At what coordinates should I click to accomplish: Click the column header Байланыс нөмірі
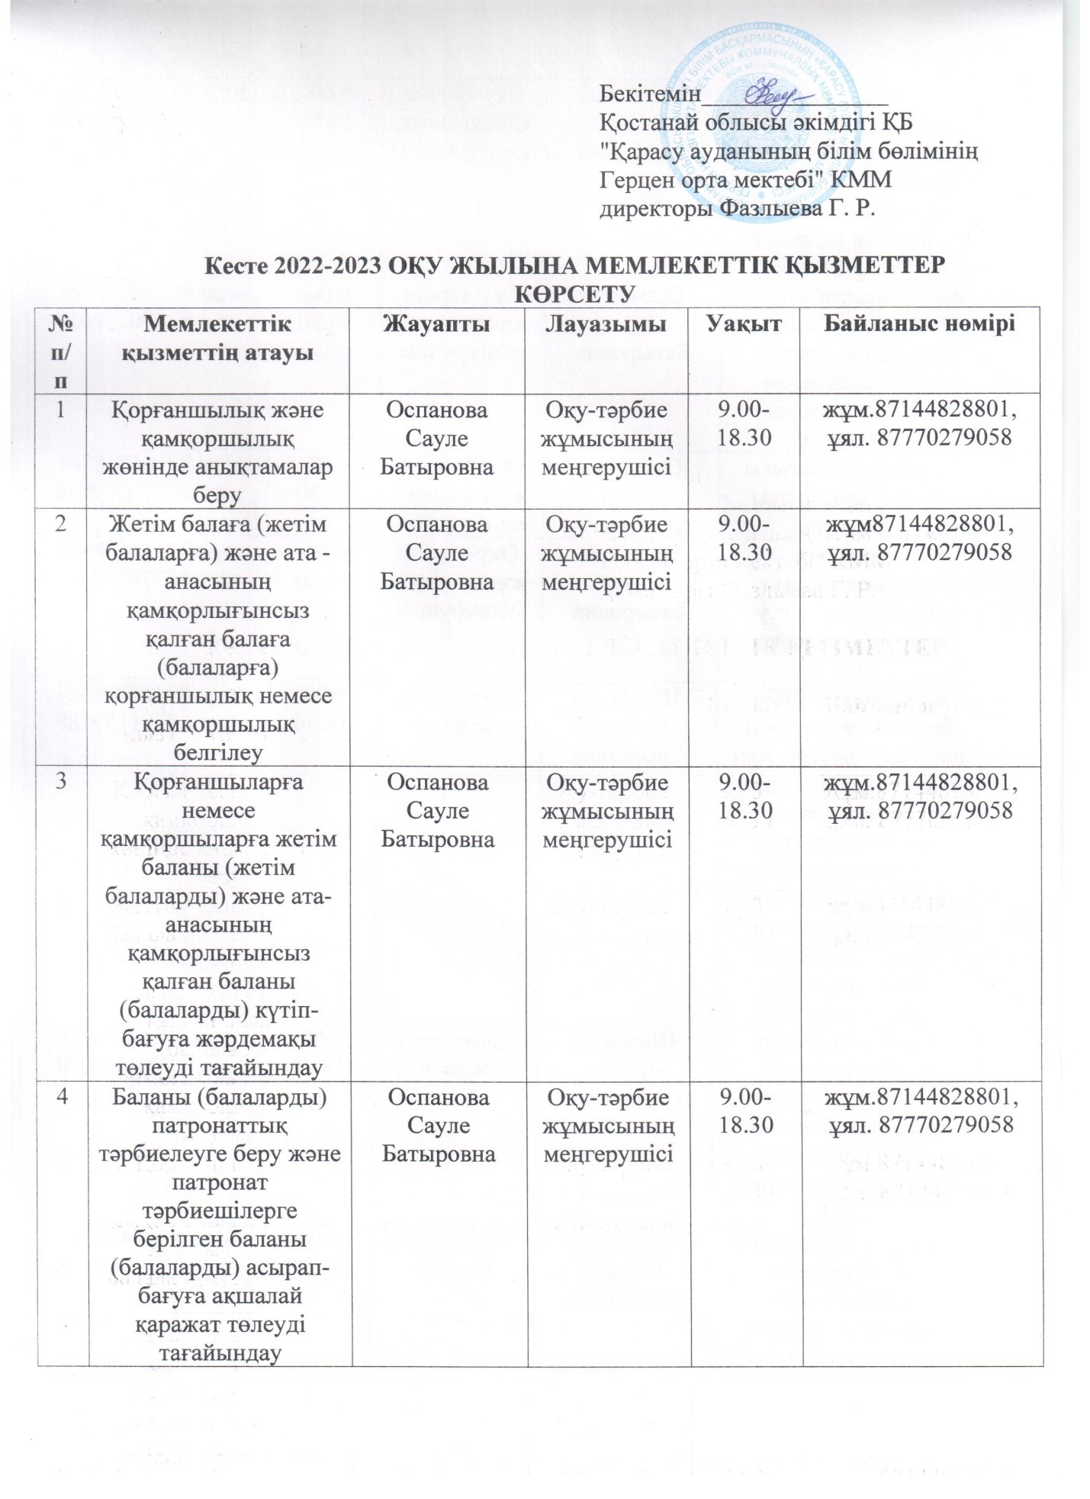(919, 324)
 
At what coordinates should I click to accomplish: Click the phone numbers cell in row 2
(919, 539)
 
